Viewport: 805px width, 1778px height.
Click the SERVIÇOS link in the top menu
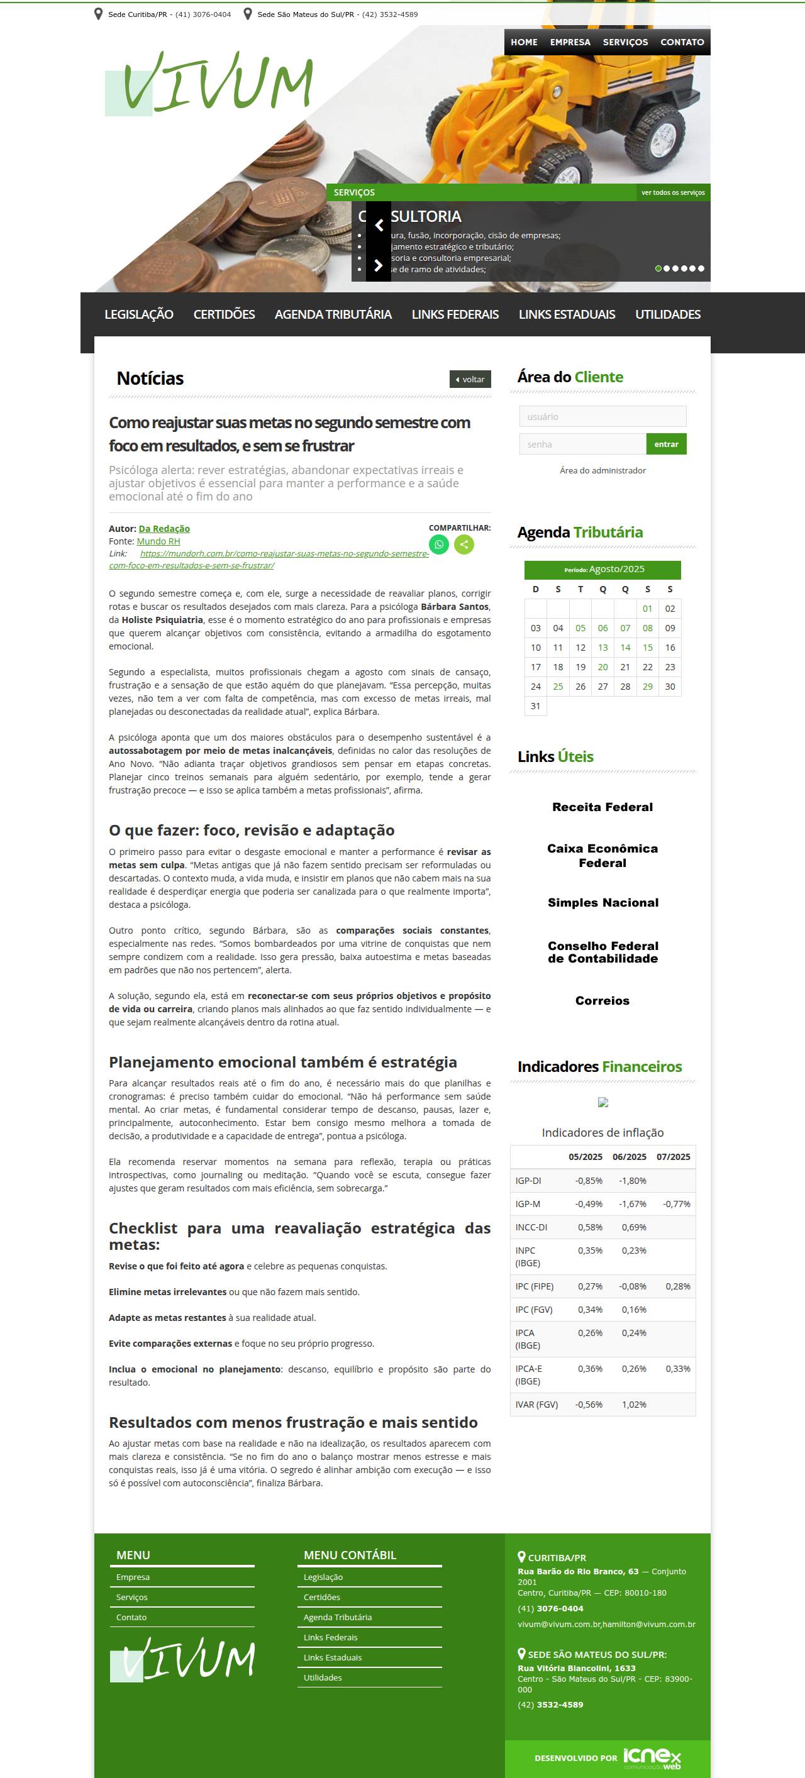point(625,42)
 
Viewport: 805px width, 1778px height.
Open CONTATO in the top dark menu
point(681,42)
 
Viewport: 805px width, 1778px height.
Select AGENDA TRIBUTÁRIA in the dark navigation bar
point(333,315)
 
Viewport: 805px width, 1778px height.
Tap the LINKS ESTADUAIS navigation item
point(566,315)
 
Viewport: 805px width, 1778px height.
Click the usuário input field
point(602,416)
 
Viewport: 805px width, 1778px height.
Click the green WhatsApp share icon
point(438,544)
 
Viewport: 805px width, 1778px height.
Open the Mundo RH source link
point(158,542)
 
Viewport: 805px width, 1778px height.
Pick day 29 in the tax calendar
point(647,687)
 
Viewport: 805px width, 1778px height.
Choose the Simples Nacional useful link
point(602,903)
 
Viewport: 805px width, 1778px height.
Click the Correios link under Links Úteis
point(602,1001)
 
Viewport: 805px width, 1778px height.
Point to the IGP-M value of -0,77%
point(676,1205)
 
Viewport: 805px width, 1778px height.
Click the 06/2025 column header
point(629,1157)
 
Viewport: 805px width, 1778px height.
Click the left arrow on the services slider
point(379,225)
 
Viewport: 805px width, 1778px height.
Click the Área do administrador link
point(602,471)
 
